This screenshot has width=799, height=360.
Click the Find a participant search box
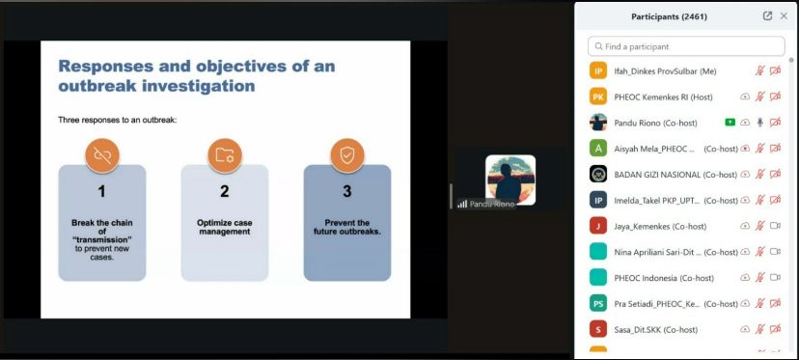(x=686, y=46)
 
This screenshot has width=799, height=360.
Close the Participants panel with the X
(x=784, y=16)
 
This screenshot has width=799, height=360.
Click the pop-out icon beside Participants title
(x=767, y=16)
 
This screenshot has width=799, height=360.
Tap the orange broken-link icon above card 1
(x=102, y=155)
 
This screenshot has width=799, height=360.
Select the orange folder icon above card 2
(x=225, y=155)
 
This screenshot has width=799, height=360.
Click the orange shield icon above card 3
(x=347, y=155)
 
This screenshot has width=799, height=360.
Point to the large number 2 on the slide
(x=225, y=191)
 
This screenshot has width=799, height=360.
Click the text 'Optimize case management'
(x=225, y=227)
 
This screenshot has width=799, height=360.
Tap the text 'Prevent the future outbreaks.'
(x=347, y=227)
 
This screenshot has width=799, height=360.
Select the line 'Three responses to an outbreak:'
(x=117, y=121)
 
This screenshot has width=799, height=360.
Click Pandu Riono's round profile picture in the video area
(x=510, y=180)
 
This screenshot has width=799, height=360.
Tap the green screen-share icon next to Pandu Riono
(x=730, y=123)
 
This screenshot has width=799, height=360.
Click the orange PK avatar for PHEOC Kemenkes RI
(x=598, y=97)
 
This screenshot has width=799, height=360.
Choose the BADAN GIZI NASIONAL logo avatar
(x=598, y=174)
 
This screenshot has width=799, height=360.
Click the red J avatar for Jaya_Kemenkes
(x=598, y=226)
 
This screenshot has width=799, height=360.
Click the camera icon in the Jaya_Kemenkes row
(x=775, y=226)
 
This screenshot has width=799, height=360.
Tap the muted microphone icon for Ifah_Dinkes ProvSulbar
(x=759, y=70)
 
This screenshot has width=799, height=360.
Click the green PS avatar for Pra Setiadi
(x=598, y=303)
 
